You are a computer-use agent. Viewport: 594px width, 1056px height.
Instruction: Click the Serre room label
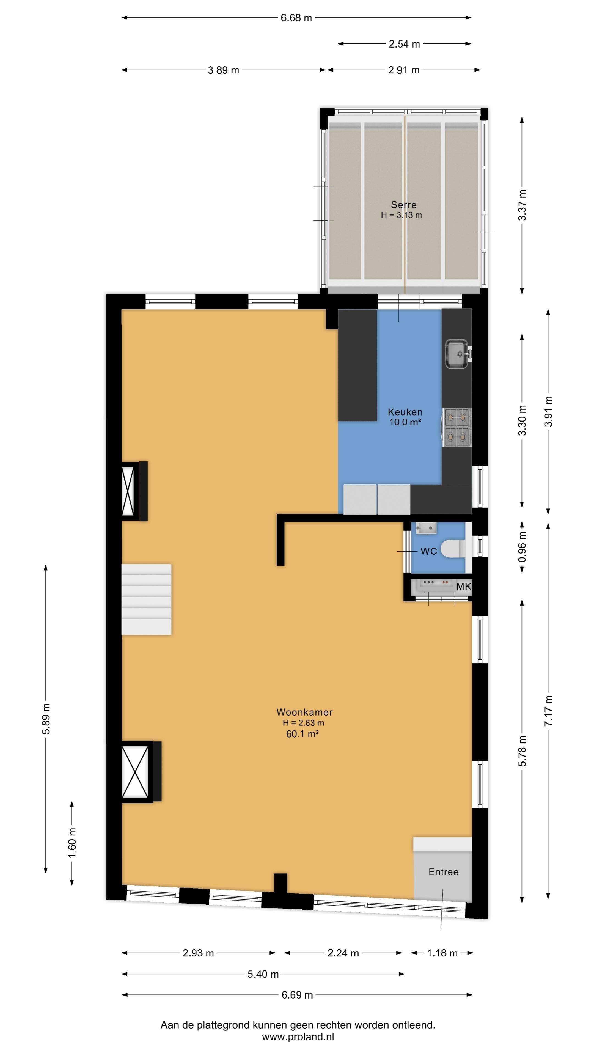(403, 205)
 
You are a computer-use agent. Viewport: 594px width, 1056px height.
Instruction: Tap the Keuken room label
(405, 412)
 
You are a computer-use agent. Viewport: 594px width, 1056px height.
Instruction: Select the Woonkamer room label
(304, 712)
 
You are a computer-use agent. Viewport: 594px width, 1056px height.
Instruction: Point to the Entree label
(444, 872)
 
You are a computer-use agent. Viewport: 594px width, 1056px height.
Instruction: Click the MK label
(464, 587)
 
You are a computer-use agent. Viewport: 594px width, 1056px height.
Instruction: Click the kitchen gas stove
(457, 427)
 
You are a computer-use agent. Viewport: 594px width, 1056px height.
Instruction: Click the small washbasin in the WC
(426, 528)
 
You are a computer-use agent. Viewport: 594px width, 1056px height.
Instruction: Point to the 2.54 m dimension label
(404, 44)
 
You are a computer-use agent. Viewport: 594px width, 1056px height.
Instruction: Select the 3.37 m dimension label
(522, 205)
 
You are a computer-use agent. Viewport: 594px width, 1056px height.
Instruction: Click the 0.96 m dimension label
(522, 547)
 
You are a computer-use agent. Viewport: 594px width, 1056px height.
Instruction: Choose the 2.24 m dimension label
(343, 953)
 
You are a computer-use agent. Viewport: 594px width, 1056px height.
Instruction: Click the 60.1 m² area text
(302, 734)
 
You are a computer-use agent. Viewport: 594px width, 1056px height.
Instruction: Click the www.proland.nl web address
(298, 1037)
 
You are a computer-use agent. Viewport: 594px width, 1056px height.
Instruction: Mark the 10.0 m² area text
(405, 422)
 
